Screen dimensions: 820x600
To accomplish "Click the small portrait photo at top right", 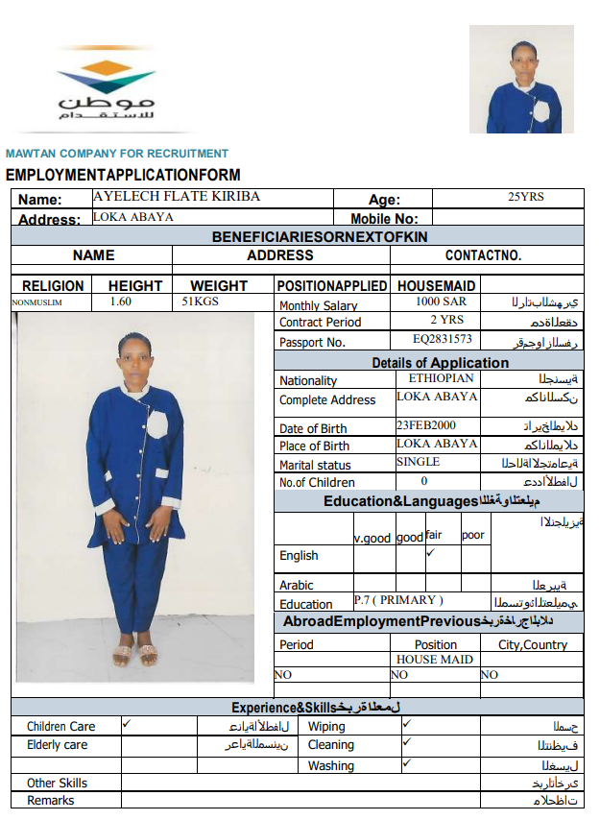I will (x=521, y=79).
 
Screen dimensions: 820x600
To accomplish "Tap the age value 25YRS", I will (x=525, y=198).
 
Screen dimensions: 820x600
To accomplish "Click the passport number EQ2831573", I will (x=443, y=339).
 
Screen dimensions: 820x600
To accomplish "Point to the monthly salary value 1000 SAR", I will (x=441, y=301).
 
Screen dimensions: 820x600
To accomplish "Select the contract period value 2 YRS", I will (x=446, y=320).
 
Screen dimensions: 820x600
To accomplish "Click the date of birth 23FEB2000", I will (x=425, y=425).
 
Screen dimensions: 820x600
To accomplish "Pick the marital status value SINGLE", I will (x=418, y=462).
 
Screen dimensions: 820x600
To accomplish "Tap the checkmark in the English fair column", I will (x=431, y=553).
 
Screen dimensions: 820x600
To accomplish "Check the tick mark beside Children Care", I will (x=128, y=724).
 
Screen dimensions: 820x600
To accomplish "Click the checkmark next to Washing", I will (x=407, y=762).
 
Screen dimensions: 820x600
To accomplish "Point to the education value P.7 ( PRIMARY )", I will (x=398, y=600).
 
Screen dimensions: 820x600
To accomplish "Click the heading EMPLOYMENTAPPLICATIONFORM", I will (x=123, y=175).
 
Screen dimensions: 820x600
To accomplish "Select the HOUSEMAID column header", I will (x=436, y=285).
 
